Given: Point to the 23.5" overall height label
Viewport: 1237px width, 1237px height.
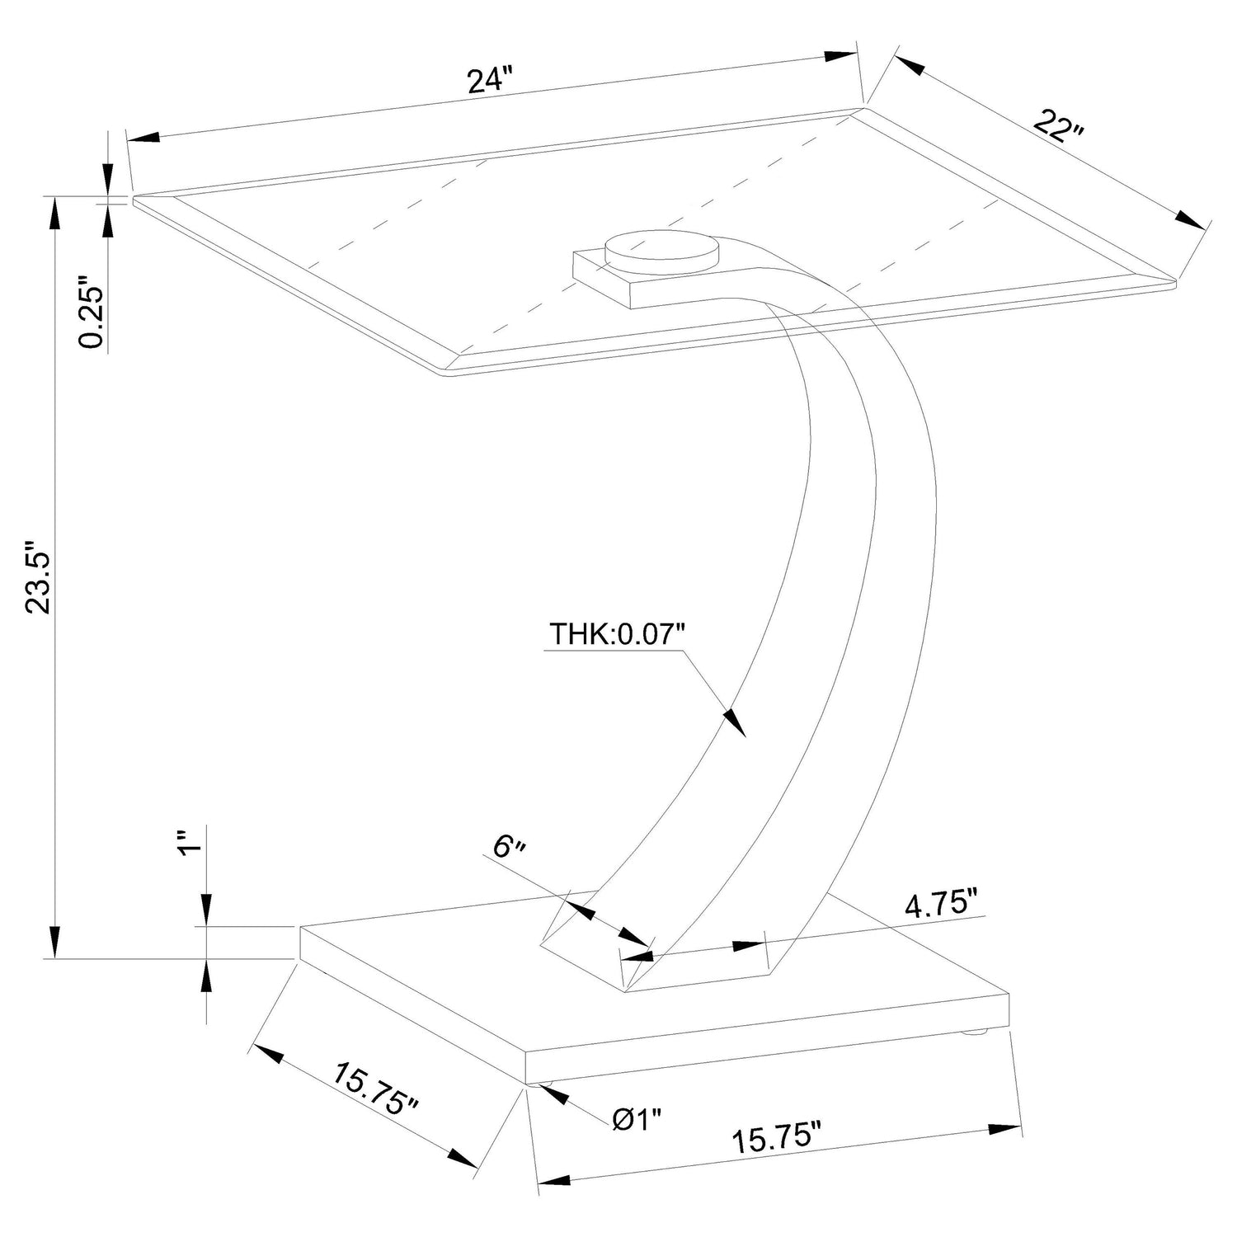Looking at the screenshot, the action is coord(40,577).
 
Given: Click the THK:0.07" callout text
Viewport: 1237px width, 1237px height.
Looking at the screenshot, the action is coord(618,635).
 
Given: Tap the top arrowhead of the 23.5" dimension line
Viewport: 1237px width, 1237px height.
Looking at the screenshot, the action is coord(56,214).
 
